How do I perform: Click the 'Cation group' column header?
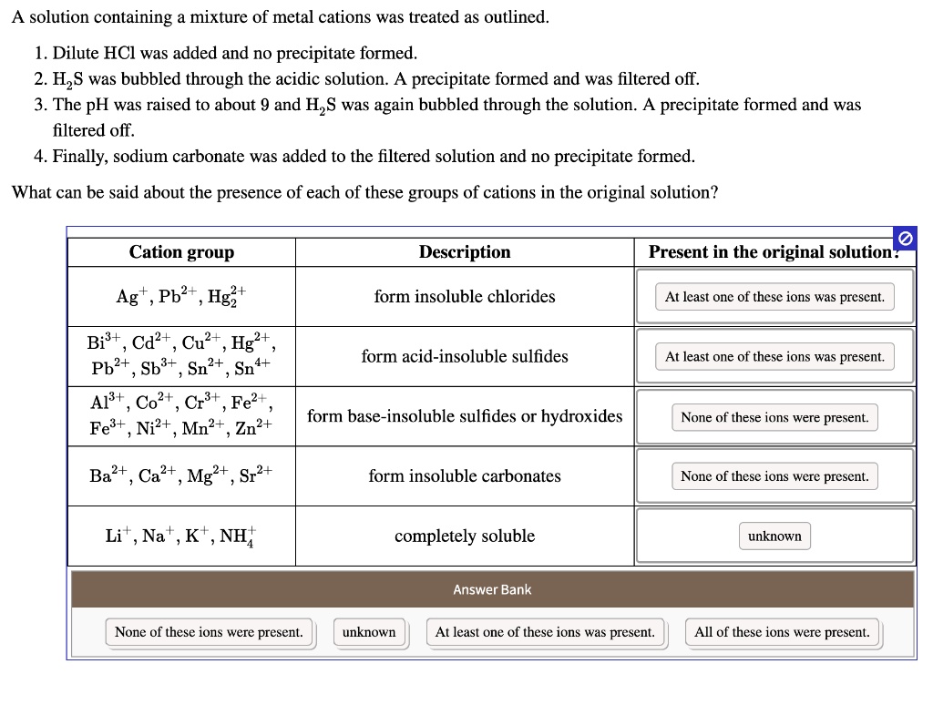pos(181,252)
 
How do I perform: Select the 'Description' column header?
pos(465,252)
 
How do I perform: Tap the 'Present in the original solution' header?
pos(774,252)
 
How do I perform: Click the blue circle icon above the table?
pos(905,238)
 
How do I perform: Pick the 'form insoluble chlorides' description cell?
pos(465,297)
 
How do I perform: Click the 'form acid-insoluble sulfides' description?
pos(465,356)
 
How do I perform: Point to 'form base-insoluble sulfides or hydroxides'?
pos(465,416)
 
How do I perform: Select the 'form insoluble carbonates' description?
pos(465,476)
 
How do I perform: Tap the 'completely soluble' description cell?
pos(465,536)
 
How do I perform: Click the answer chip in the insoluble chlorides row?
pos(774,297)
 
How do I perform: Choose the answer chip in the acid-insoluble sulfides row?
pos(774,357)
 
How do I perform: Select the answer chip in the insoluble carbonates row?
pos(774,476)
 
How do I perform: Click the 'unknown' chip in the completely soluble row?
pos(774,536)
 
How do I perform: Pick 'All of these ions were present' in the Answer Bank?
pos(782,632)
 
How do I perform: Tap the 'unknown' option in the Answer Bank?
pos(369,632)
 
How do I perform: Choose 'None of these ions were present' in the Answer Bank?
pos(209,632)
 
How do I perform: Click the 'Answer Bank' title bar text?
pos(492,589)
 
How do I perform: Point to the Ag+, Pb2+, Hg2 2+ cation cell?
pos(181,297)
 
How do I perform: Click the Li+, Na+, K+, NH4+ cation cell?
pos(181,536)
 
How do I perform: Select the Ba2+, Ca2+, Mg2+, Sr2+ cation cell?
pos(181,476)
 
